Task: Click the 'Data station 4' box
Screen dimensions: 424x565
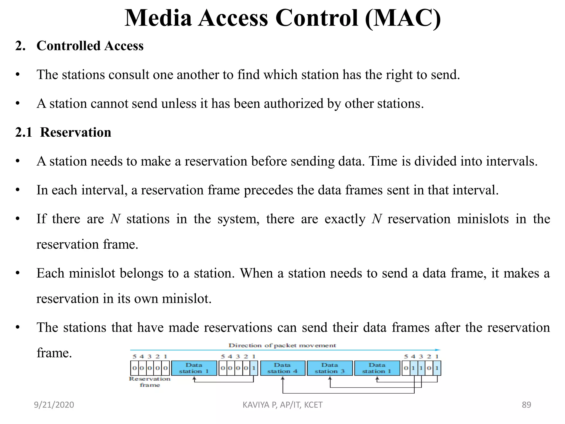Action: point(282,368)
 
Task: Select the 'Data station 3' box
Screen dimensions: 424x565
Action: point(330,368)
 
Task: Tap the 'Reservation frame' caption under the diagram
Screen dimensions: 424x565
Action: point(150,382)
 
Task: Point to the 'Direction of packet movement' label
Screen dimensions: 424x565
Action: point(282,345)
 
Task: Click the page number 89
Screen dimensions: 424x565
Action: point(526,405)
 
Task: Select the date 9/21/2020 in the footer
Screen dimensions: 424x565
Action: point(54,405)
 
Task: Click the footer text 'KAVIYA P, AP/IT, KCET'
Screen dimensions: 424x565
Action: point(282,405)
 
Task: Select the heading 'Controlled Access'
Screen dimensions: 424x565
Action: point(90,46)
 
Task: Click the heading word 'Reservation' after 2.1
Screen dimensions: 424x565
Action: point(76,132)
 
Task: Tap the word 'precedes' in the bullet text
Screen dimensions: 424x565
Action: point(268,190)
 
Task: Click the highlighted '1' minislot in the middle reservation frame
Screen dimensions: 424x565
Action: point(254,368)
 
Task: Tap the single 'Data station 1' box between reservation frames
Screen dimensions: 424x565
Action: point(194,368)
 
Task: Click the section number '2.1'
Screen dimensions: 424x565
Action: point(24,132)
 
